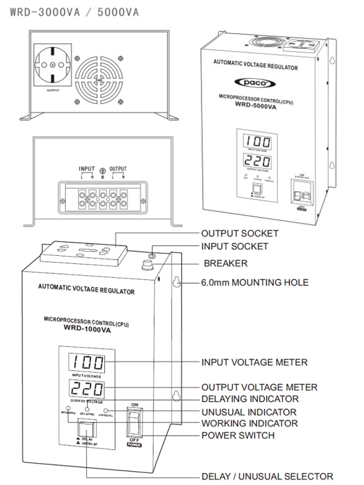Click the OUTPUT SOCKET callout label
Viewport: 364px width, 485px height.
pos(240,233)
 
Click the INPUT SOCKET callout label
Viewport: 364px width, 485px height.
pos(234,247)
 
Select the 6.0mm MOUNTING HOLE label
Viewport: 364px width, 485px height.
pos(255,283)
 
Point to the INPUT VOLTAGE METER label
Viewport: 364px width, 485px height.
pos(254,363)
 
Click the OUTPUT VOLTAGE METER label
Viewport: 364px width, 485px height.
pos(259,387)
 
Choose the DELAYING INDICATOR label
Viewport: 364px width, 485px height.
pos(249,399)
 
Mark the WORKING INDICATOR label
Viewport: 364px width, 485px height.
pos(249,423)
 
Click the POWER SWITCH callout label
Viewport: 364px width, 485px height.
pos(238,435)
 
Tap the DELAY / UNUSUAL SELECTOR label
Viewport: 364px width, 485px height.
pos(268,476)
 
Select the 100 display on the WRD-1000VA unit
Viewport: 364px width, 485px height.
pos(86,363)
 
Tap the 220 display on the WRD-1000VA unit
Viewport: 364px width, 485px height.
pos(86,389)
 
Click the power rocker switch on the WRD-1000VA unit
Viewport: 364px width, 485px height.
pos(135,423)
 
